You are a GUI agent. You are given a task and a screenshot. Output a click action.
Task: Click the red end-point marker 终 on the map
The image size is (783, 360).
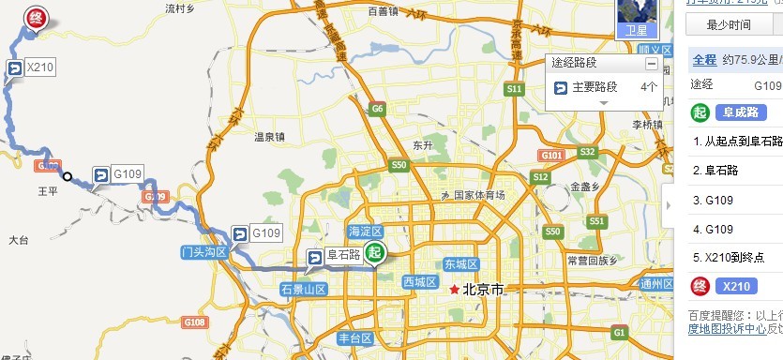pos(37,19)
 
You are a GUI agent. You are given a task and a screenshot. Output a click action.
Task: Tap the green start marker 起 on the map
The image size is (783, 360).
pos(375,252)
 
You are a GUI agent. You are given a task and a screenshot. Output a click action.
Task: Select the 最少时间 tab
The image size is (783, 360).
pos(728,24)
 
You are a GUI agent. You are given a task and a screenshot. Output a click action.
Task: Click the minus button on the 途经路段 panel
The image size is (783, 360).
pos(651,64)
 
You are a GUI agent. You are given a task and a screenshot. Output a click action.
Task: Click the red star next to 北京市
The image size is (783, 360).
pos(456,290)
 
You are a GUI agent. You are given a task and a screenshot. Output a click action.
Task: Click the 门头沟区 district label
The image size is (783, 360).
pos(204,252)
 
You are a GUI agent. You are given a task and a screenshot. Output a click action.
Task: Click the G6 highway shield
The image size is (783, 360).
pos(378,109)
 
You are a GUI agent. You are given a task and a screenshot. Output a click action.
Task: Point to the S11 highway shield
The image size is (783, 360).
pos(514,89)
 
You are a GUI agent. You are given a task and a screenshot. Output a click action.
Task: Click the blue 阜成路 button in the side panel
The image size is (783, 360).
pos(742,112)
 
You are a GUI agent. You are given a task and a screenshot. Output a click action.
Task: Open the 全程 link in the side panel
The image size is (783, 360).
pos(703,60)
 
